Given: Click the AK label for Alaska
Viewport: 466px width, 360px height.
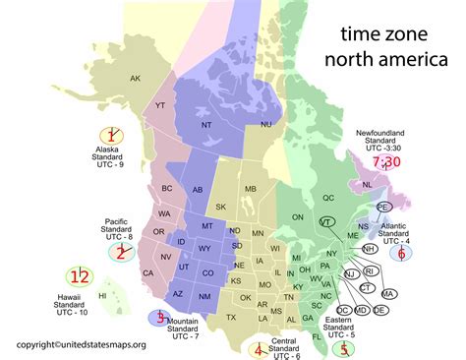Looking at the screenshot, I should tap(136, 79).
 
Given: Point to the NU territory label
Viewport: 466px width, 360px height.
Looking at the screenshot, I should tap(266, 125).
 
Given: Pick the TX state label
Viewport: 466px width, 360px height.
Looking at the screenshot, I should tap(231, 318).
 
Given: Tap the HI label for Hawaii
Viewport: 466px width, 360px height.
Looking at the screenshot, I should tap(102, 295).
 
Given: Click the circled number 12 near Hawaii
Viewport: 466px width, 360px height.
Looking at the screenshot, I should tap(78, 276).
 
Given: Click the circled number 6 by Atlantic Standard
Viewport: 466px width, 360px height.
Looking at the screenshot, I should tap(401, 253).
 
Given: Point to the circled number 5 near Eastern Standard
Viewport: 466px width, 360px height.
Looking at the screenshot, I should tap(342, 346).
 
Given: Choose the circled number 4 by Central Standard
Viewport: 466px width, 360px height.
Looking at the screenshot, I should tap(258, 348).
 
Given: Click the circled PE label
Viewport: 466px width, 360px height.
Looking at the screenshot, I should tap(383, 207).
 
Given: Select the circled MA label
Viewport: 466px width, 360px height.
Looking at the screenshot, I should tap(389, 294).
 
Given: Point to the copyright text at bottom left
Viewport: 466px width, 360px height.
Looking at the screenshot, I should tap(76, 344).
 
